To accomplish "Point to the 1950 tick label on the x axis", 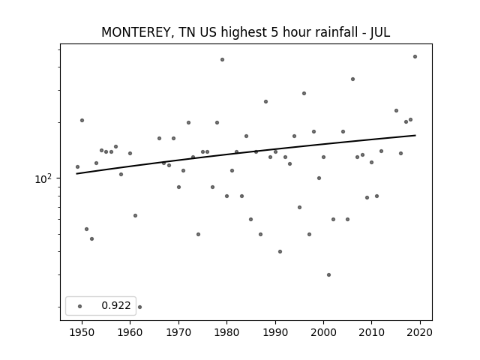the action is point(82,332).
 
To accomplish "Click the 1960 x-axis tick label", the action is point(130,332).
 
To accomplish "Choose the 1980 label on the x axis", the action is point(226,332).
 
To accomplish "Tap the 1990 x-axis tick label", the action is point(275,332).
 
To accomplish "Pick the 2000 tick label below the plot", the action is point(323,332).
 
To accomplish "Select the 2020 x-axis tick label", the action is point(420,332).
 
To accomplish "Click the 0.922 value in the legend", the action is point(116,305).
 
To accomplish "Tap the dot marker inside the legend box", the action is point(80,306).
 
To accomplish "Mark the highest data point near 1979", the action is point(222,60).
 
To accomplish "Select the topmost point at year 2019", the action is point(415,57).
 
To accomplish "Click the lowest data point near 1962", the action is point(140,307).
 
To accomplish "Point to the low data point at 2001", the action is point(328,275).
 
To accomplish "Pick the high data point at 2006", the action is point(353,79).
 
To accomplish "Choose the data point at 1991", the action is point(280,252).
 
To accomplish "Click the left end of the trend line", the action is point(76,174).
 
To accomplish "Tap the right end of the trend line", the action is point(415,135).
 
